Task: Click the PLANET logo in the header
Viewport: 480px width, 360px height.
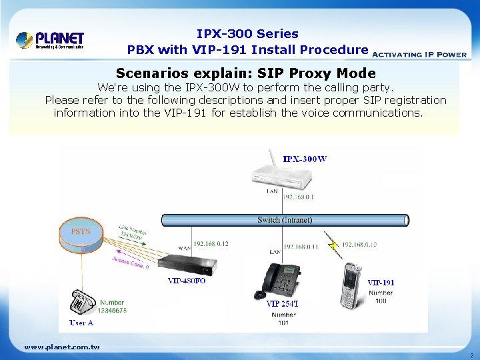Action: click(50, 40)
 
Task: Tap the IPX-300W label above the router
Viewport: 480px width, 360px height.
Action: click(305, 159)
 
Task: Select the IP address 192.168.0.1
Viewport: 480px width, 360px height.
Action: click(299, 197)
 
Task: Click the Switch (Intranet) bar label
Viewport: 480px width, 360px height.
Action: click(285, 220)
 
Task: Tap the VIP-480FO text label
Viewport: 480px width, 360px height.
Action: click(187, 281)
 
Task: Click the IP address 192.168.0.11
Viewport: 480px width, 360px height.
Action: click(301, 247)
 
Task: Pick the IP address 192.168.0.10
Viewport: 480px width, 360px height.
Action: click(359, 245)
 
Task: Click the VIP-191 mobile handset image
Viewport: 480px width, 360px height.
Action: click(351, 284)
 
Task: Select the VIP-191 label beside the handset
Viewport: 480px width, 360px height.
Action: click(381, 283)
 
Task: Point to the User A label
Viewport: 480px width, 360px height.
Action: click(81, 323)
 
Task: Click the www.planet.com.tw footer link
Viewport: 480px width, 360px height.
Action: click(61, 347)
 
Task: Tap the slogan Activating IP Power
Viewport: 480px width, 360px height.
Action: click(419, 55)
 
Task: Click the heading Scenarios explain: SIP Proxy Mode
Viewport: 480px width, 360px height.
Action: click(245, 73)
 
